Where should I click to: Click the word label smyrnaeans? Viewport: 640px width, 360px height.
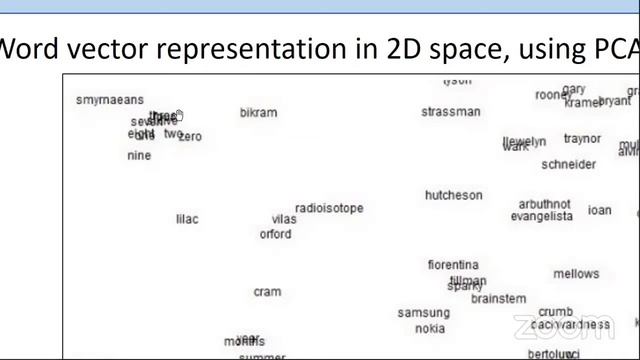pos(110,100)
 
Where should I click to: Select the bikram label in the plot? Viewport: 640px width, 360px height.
pos(258,113)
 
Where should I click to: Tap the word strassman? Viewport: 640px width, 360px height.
pos(450,112)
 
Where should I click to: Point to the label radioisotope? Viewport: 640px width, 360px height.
pos(329,208)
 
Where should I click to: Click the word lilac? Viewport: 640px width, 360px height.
pos(187,219)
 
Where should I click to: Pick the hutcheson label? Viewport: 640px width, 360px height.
pos(453,195)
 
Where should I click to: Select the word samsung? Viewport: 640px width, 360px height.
pos(424,313)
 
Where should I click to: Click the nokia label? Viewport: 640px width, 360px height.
pos(430,328)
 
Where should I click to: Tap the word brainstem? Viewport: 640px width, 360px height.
pos(498,299)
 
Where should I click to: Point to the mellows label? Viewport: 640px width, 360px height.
pos(576,274)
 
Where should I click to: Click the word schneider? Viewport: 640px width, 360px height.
pos(568,164)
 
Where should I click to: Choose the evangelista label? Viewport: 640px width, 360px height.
pos(542,216)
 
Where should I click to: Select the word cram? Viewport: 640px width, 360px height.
pos(267,292)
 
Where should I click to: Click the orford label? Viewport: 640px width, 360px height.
pos(275,234)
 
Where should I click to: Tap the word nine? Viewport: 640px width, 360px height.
pos(139,156)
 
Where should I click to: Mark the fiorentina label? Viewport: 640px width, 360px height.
pos(453,265)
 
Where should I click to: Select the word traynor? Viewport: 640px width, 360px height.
pos(582,139)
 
